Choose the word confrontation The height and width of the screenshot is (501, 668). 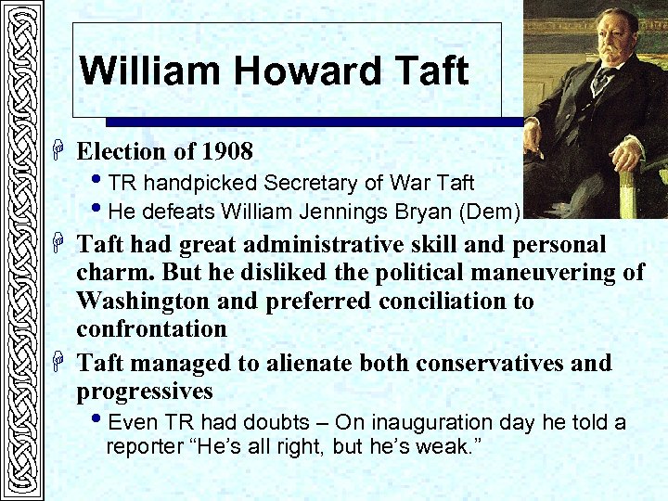[151, 328]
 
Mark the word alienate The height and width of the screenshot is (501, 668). [315, 363]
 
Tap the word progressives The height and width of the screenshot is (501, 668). [145, 391]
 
